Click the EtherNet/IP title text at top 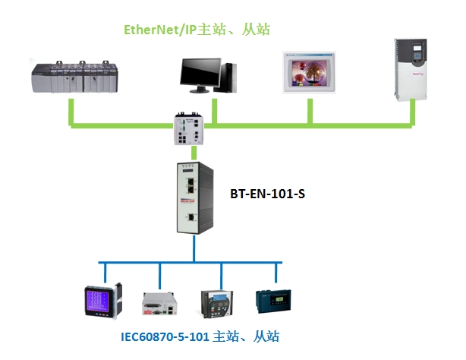197,30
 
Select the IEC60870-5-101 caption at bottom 205,335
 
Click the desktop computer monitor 200,73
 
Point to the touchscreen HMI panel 310,74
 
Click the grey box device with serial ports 160,304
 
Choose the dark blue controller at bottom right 273,301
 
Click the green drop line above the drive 414,112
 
